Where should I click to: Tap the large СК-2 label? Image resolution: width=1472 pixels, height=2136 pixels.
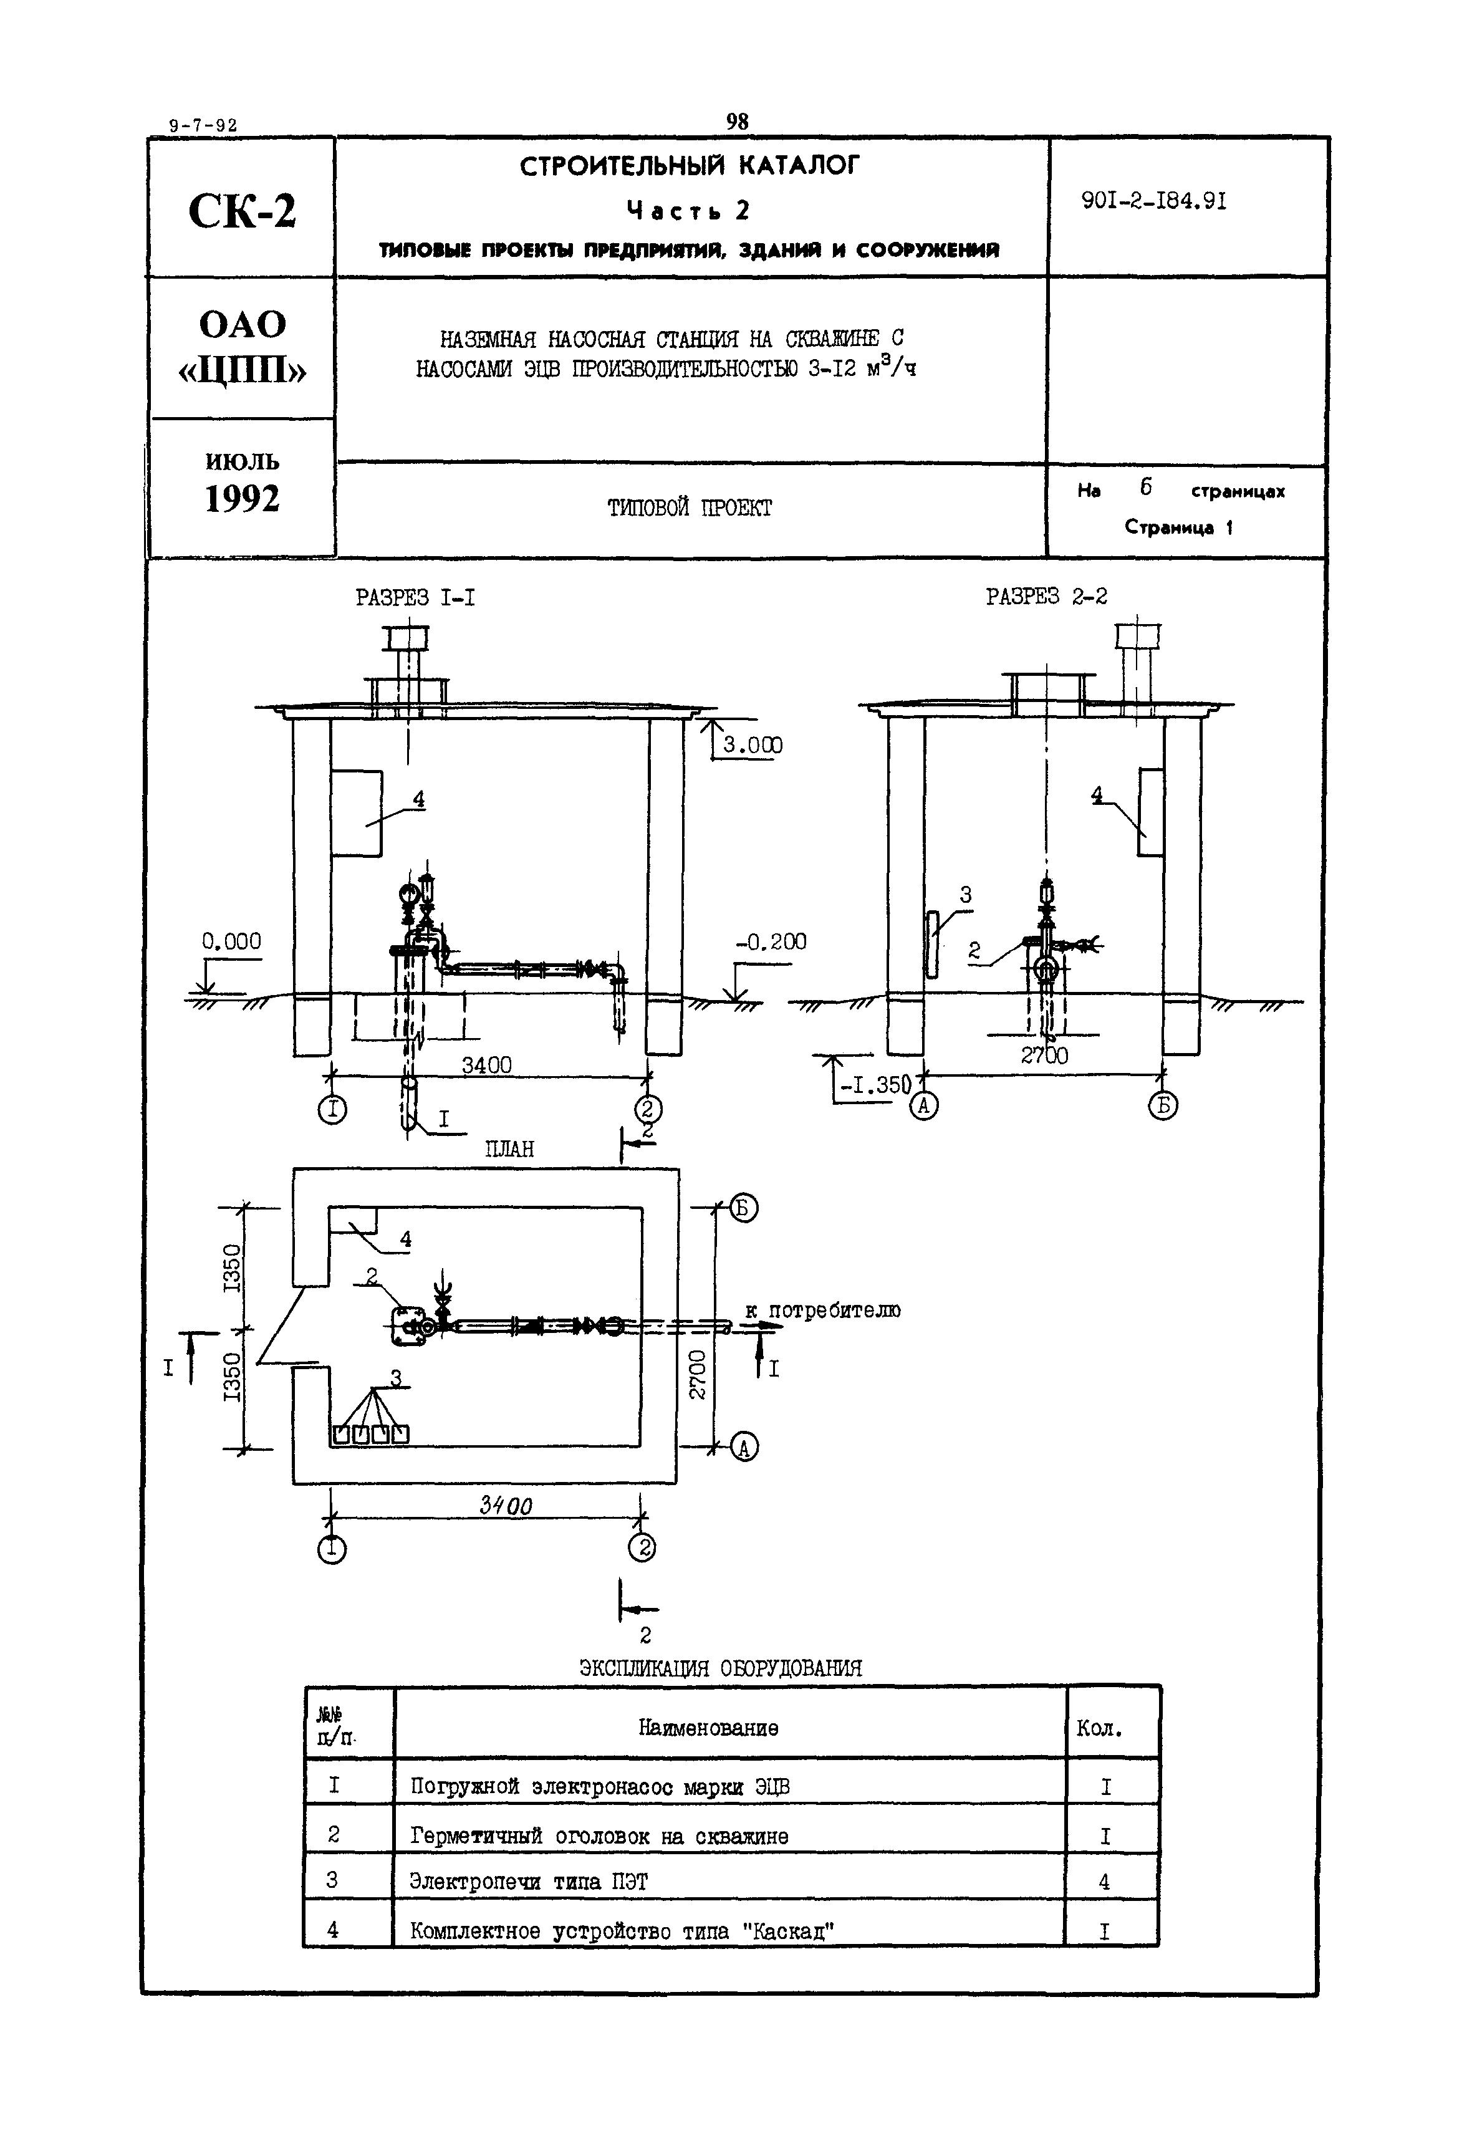242,212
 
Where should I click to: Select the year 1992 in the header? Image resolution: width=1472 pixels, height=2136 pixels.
242,499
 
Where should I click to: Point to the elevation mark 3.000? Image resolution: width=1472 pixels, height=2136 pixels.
752,745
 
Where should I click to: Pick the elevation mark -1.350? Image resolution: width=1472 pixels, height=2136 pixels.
874,1085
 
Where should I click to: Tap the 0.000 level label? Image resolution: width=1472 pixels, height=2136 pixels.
231,941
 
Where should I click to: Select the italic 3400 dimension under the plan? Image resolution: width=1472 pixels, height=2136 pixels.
506,1506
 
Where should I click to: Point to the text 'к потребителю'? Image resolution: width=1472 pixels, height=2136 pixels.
823,1311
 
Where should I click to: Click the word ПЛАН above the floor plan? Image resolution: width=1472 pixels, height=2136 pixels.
509,1149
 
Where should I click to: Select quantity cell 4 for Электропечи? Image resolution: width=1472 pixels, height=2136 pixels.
1105,1882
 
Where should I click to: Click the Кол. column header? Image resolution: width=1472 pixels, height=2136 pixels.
1099,1728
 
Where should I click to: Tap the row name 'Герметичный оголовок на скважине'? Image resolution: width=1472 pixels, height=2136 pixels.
600,1835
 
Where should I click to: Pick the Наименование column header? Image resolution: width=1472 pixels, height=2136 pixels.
708,1728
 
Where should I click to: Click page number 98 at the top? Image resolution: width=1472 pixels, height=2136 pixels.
737,122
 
